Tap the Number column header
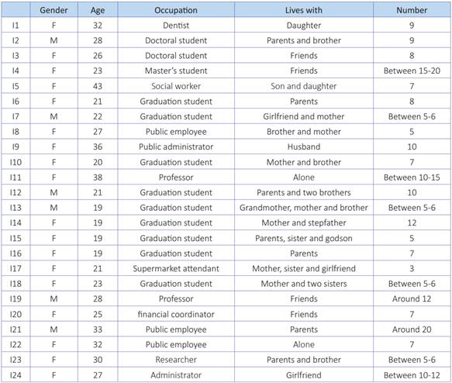pyautogui.click(x=411, y=11)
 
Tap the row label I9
pyautogui.click(x=16, y=147)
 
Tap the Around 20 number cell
pyautogui.click(x=411, y=327)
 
